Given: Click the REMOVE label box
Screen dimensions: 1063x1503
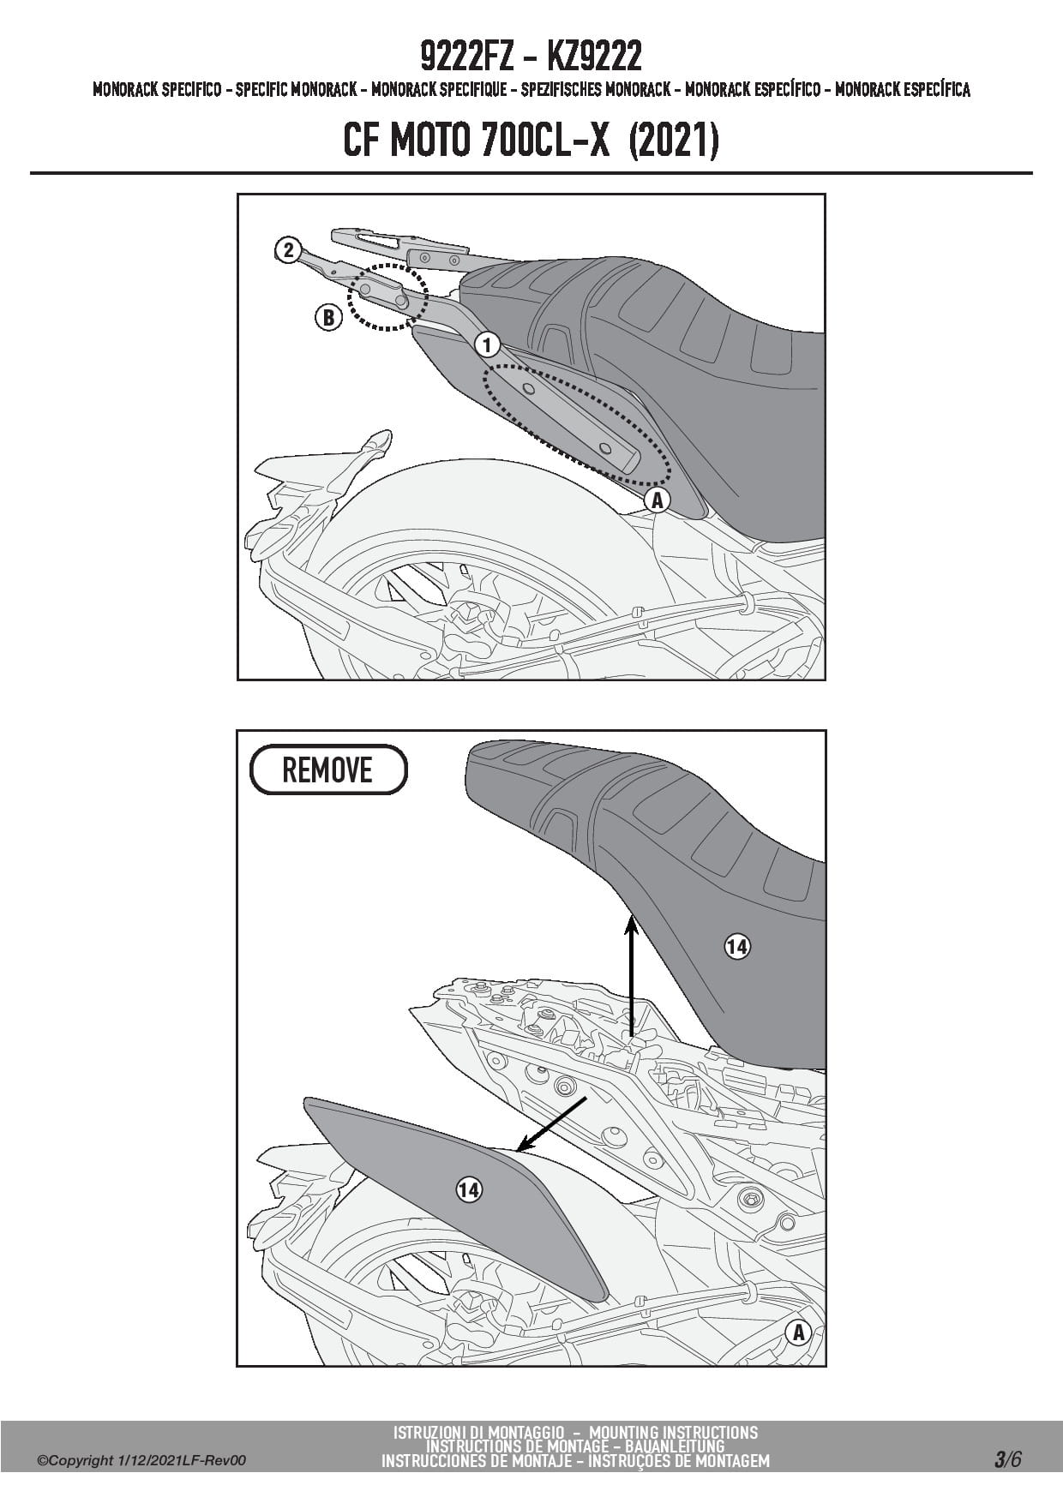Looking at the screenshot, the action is click(x=328, y=769).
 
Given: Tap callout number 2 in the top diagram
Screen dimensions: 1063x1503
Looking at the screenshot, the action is click(x=288, y=250).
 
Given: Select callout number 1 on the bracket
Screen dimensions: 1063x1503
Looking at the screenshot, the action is click(x=487, y=344).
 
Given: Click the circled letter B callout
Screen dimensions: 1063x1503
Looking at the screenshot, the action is click(x=327, y=318).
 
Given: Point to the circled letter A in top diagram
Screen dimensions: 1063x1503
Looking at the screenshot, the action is click(x=658, y=500).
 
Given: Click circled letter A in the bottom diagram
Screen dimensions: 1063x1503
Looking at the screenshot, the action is click(x=798, y=1332).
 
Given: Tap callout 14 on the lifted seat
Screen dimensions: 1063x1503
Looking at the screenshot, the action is click(x=737, y=946).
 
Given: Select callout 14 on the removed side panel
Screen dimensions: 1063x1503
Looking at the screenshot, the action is click(x=468, y=1189).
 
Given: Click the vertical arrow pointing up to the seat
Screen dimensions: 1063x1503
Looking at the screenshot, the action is click(x=631, y=977).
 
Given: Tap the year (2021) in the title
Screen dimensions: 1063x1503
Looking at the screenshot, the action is click(x=673, y=141).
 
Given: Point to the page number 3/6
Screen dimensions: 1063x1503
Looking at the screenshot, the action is click(x=1008, y=1459).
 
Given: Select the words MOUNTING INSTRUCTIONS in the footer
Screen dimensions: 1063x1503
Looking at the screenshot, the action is click(x=674, y=1432).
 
